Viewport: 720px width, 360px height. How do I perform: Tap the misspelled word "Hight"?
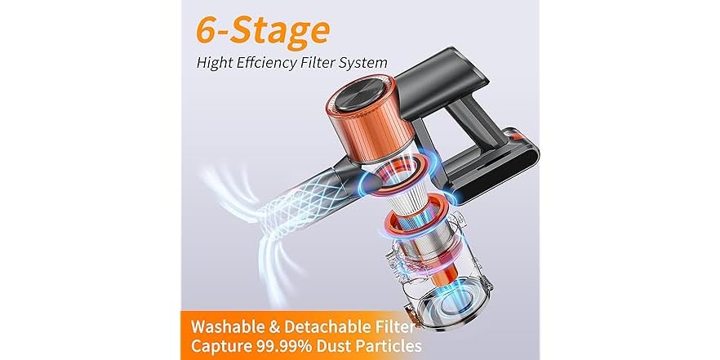coord(216,62)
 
